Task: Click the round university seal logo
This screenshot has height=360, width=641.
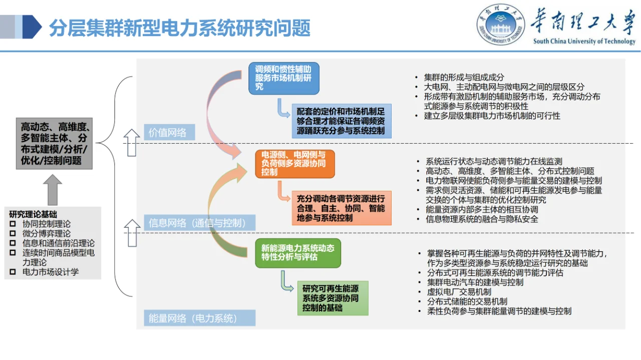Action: tap(501, 25)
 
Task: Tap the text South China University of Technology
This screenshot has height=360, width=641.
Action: tap(584, 42)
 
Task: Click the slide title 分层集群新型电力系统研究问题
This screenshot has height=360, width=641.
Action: tap(179, 28)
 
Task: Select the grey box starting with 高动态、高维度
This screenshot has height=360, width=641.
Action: tap(54, 143)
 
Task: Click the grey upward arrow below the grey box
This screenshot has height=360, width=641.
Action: tap(52, 190)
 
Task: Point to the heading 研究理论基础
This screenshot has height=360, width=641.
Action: tap(33, 214)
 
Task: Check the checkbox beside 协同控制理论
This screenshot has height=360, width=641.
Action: tap(13, 224)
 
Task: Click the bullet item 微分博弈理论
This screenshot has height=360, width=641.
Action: tap(47, 234)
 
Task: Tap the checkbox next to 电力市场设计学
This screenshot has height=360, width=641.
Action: tap(13, 272)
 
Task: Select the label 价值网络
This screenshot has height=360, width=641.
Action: tap(167, 133)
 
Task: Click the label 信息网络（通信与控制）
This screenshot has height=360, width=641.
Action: tap(197, 223)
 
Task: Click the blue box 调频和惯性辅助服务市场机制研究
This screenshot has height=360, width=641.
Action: tap(283, 79)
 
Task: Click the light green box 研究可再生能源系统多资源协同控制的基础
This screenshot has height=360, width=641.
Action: tap(333, 298)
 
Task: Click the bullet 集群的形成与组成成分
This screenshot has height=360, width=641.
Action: tap(464, 77)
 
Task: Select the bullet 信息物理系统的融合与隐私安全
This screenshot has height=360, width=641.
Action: tap(481, 219)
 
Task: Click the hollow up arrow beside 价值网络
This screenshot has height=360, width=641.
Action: tap(132, 142)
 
